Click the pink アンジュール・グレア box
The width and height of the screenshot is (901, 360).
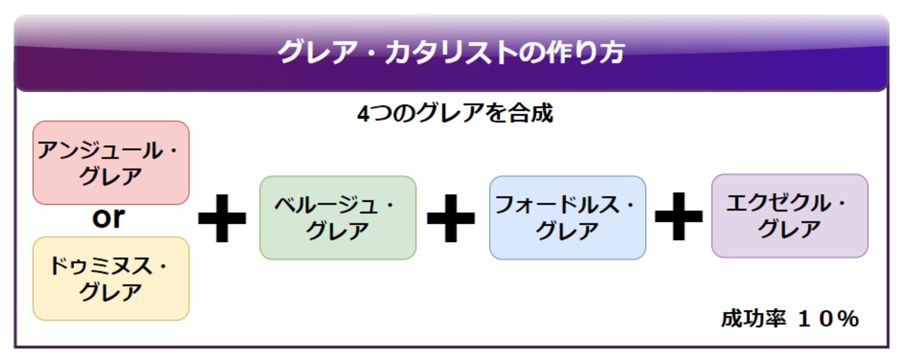pos(111,163)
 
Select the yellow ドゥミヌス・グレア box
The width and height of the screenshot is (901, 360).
pos(111,278)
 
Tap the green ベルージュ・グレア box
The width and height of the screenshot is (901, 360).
pos(338,217)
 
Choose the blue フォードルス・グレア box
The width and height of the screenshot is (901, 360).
pos(567,217)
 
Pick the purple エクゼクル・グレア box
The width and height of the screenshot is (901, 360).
pos(789,216)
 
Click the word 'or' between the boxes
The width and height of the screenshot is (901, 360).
pos(109,218)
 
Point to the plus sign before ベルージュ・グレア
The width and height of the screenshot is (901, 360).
pos(222,217)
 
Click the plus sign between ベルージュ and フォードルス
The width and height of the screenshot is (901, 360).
pos(451,217)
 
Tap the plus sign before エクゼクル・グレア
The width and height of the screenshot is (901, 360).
pos(678,217)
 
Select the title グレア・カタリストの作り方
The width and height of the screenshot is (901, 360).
pos(451,53)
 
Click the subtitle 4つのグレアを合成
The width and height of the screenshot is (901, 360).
pos(455,113)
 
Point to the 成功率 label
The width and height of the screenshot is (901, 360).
pos(753,319)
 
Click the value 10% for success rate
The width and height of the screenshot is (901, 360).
pos(828,319)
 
